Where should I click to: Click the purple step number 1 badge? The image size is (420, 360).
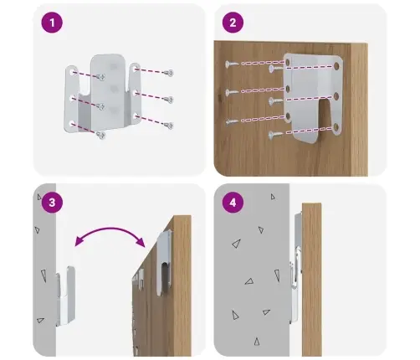[x=52, y=23]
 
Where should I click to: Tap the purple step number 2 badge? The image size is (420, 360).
[x=233, y=23]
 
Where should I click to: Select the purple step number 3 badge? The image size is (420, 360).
[x=52, y=203]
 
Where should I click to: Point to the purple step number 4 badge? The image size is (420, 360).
[x=233, y=203]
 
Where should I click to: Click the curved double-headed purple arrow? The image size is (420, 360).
[x=110, y=229]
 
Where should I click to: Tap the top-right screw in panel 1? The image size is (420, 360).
[x=169, y=73]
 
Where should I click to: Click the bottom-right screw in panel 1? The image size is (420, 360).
[x=169, y=126]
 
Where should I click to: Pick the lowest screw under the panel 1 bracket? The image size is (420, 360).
[x=100, y=136]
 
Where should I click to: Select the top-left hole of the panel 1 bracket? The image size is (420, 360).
[x=72, y=72]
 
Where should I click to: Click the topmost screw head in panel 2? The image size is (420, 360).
[x=232, y=64]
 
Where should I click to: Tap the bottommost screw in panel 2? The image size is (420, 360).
[x=275, y=136]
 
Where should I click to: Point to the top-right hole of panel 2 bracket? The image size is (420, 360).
[x=336, y=66]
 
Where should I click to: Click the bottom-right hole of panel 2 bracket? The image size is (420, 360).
[x=336, y=128]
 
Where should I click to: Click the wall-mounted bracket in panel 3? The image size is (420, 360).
[x=65, y=296]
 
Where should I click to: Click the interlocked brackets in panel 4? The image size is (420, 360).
[x=296, y=268]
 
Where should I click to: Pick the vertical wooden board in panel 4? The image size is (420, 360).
[x=312, y=279]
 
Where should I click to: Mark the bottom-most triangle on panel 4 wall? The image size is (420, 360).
[x=257, y=342]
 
